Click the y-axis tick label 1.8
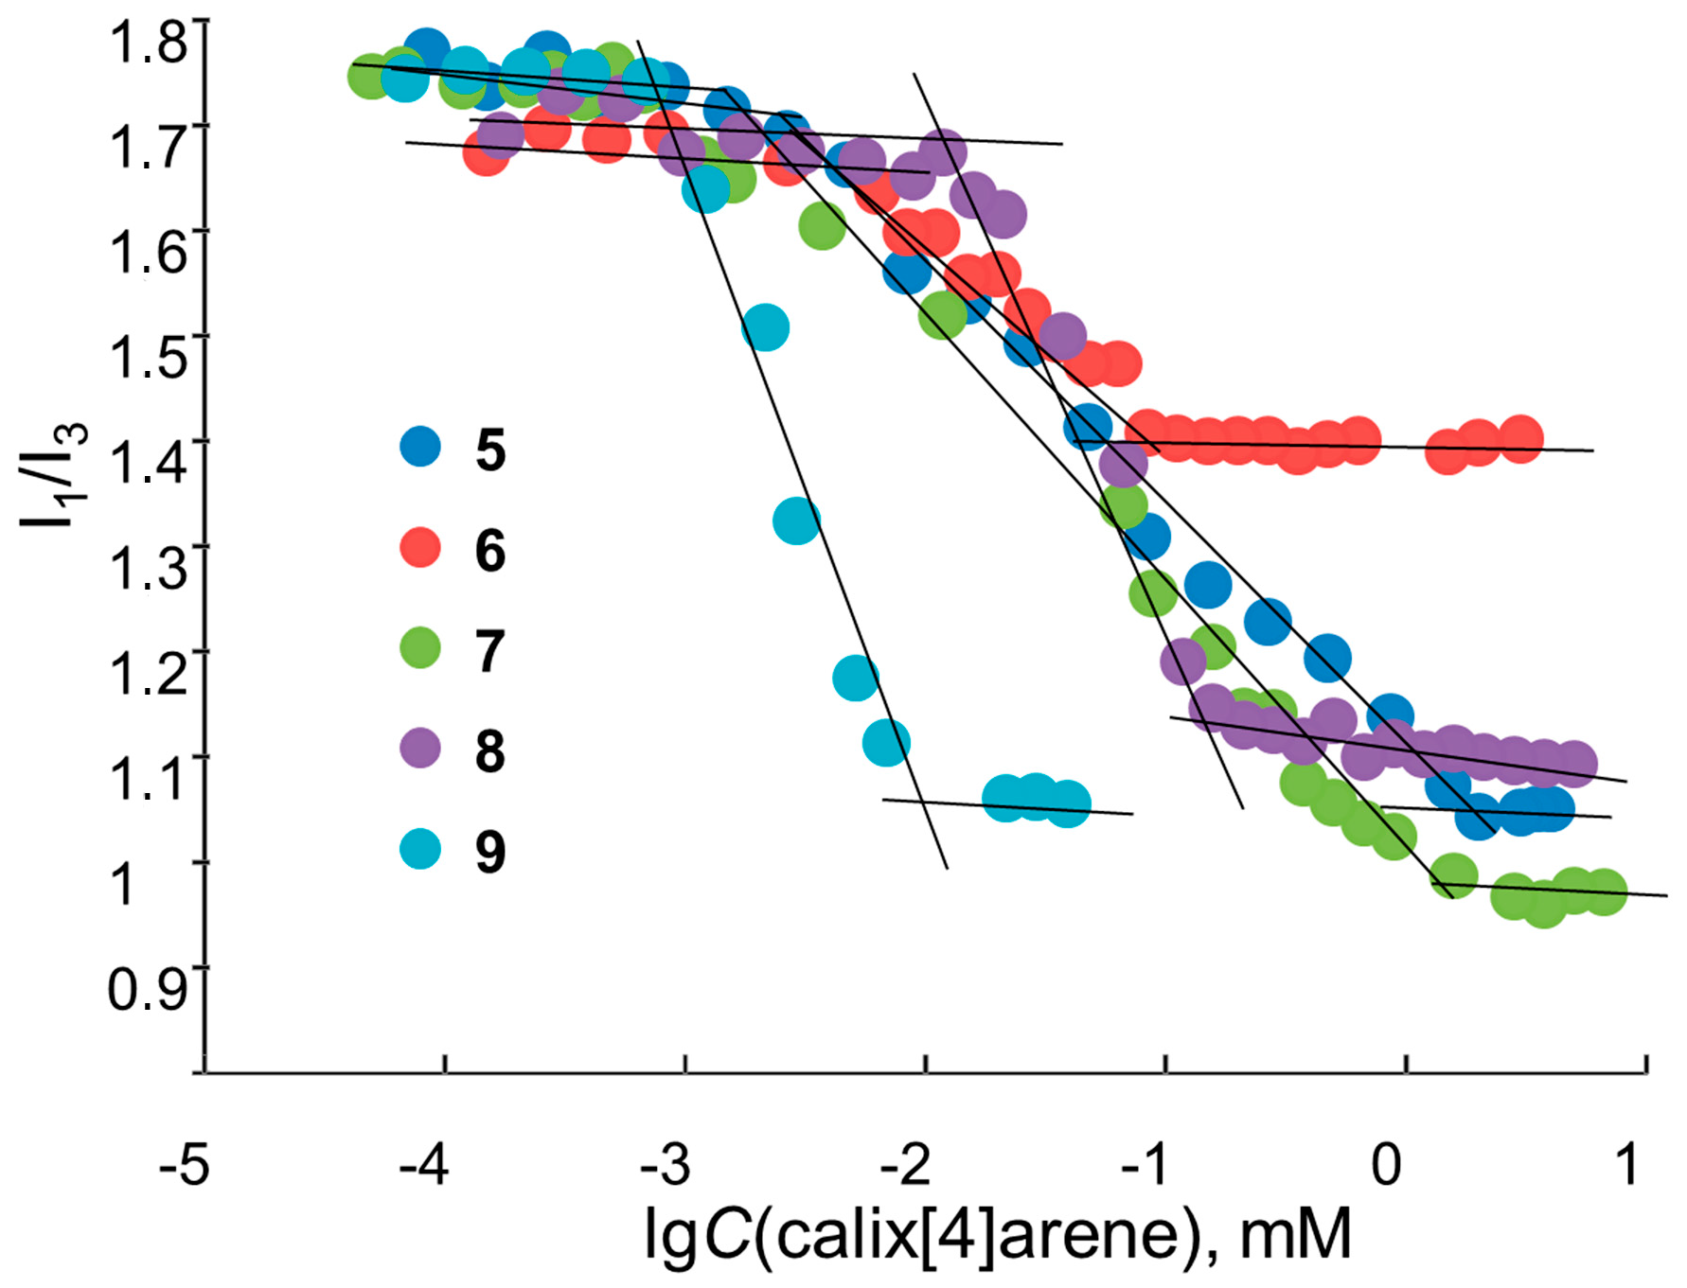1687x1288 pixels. (x=149, y=43)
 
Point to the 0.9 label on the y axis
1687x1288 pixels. (x=147, y=990)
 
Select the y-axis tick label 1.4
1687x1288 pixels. (x=149, y=464)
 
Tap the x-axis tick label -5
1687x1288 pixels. (x=184, y=1165)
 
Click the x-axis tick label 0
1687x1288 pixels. (x=1386, y=1165)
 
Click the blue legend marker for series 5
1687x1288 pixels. (x=420, y=447)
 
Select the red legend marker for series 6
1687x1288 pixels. (x=420, y=547)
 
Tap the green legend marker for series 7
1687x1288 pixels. (x=420, y=648)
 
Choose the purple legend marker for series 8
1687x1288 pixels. (x=420, y=749)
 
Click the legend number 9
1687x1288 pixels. (x=490, y=852)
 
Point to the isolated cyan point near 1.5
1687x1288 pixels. (x=765, y=327)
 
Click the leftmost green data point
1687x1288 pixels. (x=370, y=77)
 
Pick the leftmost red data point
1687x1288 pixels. (x=486, y=152)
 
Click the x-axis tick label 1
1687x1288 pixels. (x=1627, y=1165)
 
